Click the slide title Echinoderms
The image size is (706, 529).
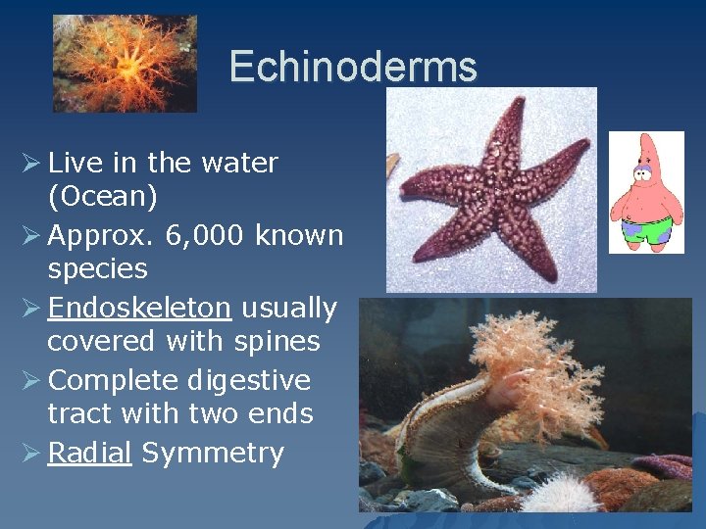[353, 67]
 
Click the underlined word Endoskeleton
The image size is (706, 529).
[139, 308]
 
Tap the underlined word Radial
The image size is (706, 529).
[89, 453]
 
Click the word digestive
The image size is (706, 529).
[248, 380]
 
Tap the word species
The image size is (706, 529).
[97, 268]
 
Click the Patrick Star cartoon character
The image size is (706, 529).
[645, 191]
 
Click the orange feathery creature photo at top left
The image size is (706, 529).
[125, 63]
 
